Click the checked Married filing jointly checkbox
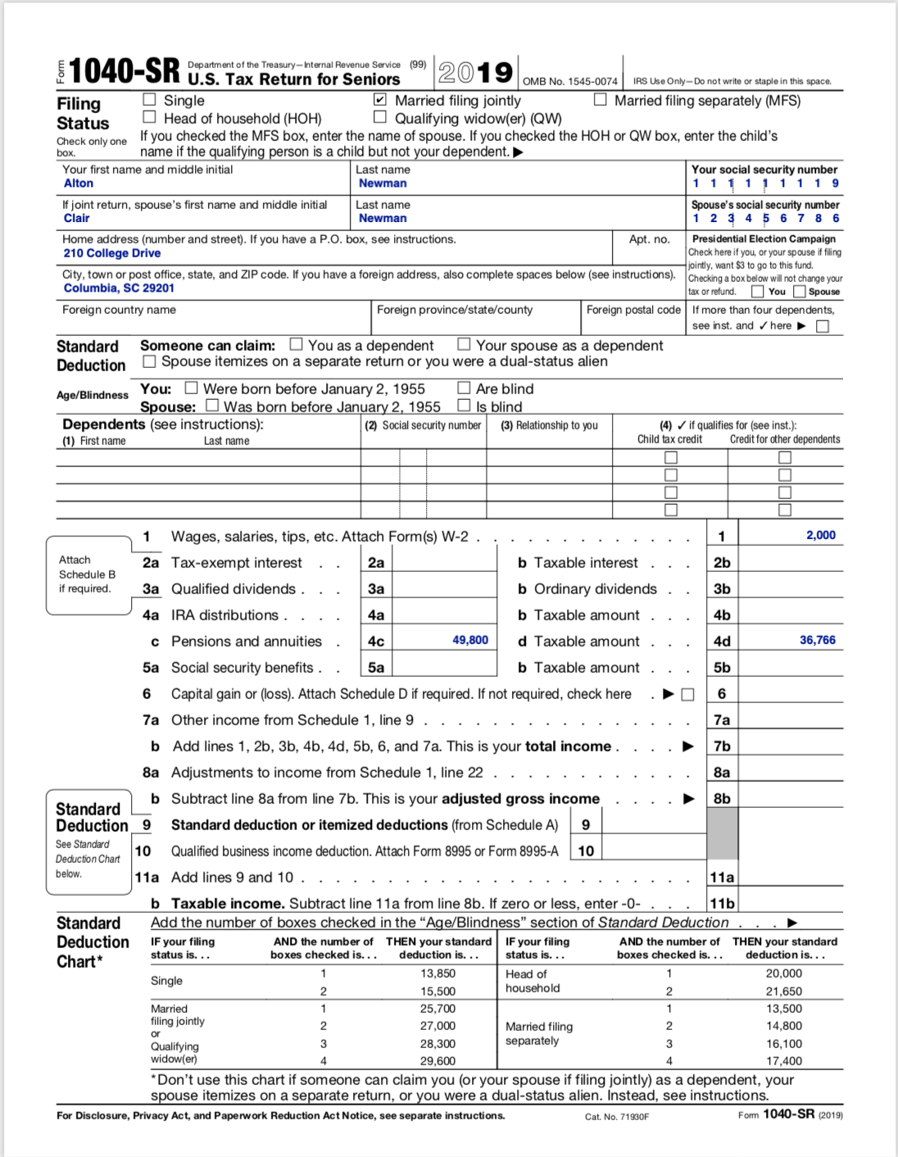(x=379, y=100)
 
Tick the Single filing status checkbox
(x=149, y=100)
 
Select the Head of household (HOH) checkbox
(x=149, y=117)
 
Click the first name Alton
(x=79, y=184)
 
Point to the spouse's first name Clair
(x=77, y=218)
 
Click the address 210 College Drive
(x=112, y=253)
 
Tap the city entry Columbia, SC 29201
(x=119, y=288)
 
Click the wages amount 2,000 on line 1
(x=820, y=535)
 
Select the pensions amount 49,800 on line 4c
(x=469, y=640)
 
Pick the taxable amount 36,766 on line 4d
(x=817, y=640)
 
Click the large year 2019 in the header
(x=475, y=73)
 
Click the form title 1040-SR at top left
(x=124, y=72)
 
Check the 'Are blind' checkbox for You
(x=464, y=388)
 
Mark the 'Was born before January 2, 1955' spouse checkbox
(x=212, y=405)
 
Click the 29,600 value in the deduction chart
(x=438, y=1060)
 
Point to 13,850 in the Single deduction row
(x=438, y=973)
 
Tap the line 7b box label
(x=722, y=746)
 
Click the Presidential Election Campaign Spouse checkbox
(x=799, y=292)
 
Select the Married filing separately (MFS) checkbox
(x=600, y=100)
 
